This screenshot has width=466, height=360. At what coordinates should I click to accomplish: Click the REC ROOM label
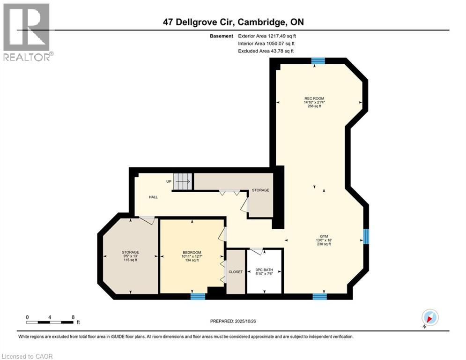click(314, 98)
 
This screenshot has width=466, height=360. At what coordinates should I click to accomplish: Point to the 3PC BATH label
click(264, 270)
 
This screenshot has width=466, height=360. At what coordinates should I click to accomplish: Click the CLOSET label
click(236, 272)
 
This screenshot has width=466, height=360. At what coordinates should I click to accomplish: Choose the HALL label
click(153, 197)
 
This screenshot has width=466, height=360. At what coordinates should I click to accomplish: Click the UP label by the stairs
click(169, 181)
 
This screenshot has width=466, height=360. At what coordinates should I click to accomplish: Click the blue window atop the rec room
click(319, 60)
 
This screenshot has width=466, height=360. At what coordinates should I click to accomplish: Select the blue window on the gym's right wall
click(366, 236)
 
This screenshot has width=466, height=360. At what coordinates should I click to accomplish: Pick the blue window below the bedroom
click(198, 296)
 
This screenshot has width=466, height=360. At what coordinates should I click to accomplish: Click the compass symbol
click(429, 318)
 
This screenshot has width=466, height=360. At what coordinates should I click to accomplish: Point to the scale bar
click(50, 322)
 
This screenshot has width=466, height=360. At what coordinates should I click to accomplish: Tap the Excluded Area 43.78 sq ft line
click(266, 51)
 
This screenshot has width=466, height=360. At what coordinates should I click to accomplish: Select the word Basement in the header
click(222, 36)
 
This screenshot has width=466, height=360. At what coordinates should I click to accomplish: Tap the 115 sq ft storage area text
click(130, 260)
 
